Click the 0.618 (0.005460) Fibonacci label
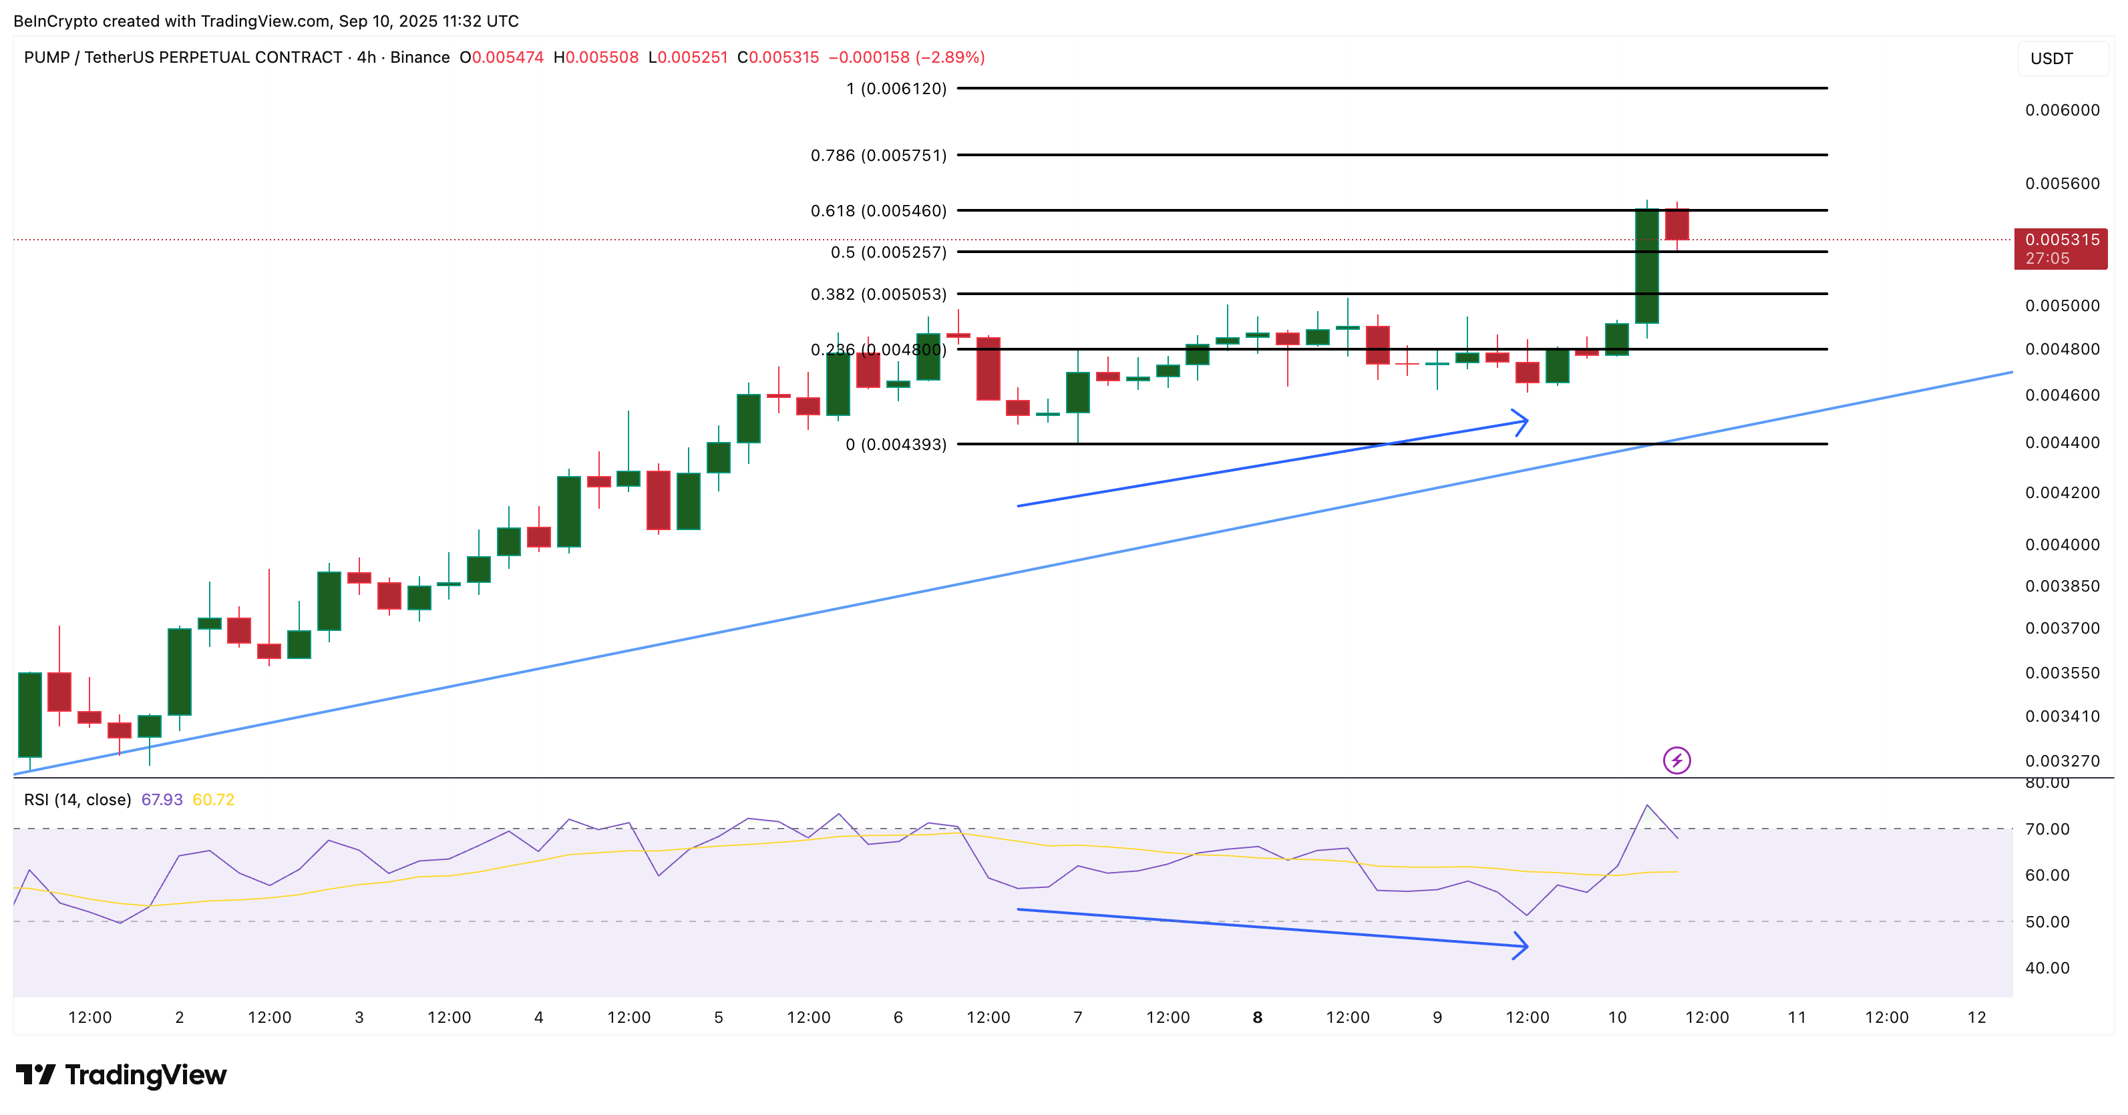[878, 210]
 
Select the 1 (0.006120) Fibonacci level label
[896, 88]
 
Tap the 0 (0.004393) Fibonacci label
[896, 445]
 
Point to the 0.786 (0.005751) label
[878, 156]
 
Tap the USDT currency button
[2051, 59]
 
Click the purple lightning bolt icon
[1676, 760]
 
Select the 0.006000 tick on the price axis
[2062, 110]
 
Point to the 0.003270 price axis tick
[2062, 760]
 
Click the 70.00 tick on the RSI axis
[2047, 829]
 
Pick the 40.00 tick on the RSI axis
[2047, 968]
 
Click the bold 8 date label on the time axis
[1257, 1018]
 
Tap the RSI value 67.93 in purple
[162, 799]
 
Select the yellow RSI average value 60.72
[213, 799]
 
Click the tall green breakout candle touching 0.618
[1646, 266]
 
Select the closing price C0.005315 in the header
[778, 57]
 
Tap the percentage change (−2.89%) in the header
[950, 57]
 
